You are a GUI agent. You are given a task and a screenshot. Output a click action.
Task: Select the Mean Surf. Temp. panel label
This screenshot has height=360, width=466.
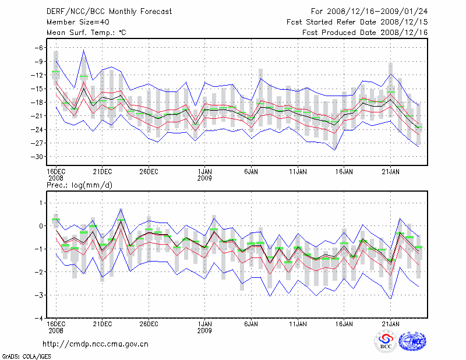pos(86,33)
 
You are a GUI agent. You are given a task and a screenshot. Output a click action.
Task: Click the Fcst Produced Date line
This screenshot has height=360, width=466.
pos(365,33)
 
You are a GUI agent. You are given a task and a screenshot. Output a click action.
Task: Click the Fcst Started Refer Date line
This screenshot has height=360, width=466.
pos(358,22)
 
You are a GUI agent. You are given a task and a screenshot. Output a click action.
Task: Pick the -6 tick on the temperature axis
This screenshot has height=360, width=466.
pos(40,48)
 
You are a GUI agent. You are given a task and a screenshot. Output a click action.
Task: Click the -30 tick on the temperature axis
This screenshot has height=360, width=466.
pos(37,157)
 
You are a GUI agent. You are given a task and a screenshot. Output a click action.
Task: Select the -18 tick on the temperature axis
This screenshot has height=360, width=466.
pos(37,102)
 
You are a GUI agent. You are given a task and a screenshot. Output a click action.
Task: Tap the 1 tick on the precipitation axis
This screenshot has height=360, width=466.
pos(41,203)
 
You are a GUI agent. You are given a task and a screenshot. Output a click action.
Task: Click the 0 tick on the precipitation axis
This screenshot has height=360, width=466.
pos(41,226)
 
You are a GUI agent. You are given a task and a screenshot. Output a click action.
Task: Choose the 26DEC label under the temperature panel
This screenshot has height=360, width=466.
pos(149,171)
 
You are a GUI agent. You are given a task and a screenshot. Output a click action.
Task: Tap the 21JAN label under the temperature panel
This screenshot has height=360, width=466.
pos(390,171)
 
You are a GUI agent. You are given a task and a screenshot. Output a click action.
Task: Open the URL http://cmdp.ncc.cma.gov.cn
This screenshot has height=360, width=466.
pos(96,344)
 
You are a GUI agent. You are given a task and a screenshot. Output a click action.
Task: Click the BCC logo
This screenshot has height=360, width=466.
pos(386,342)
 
